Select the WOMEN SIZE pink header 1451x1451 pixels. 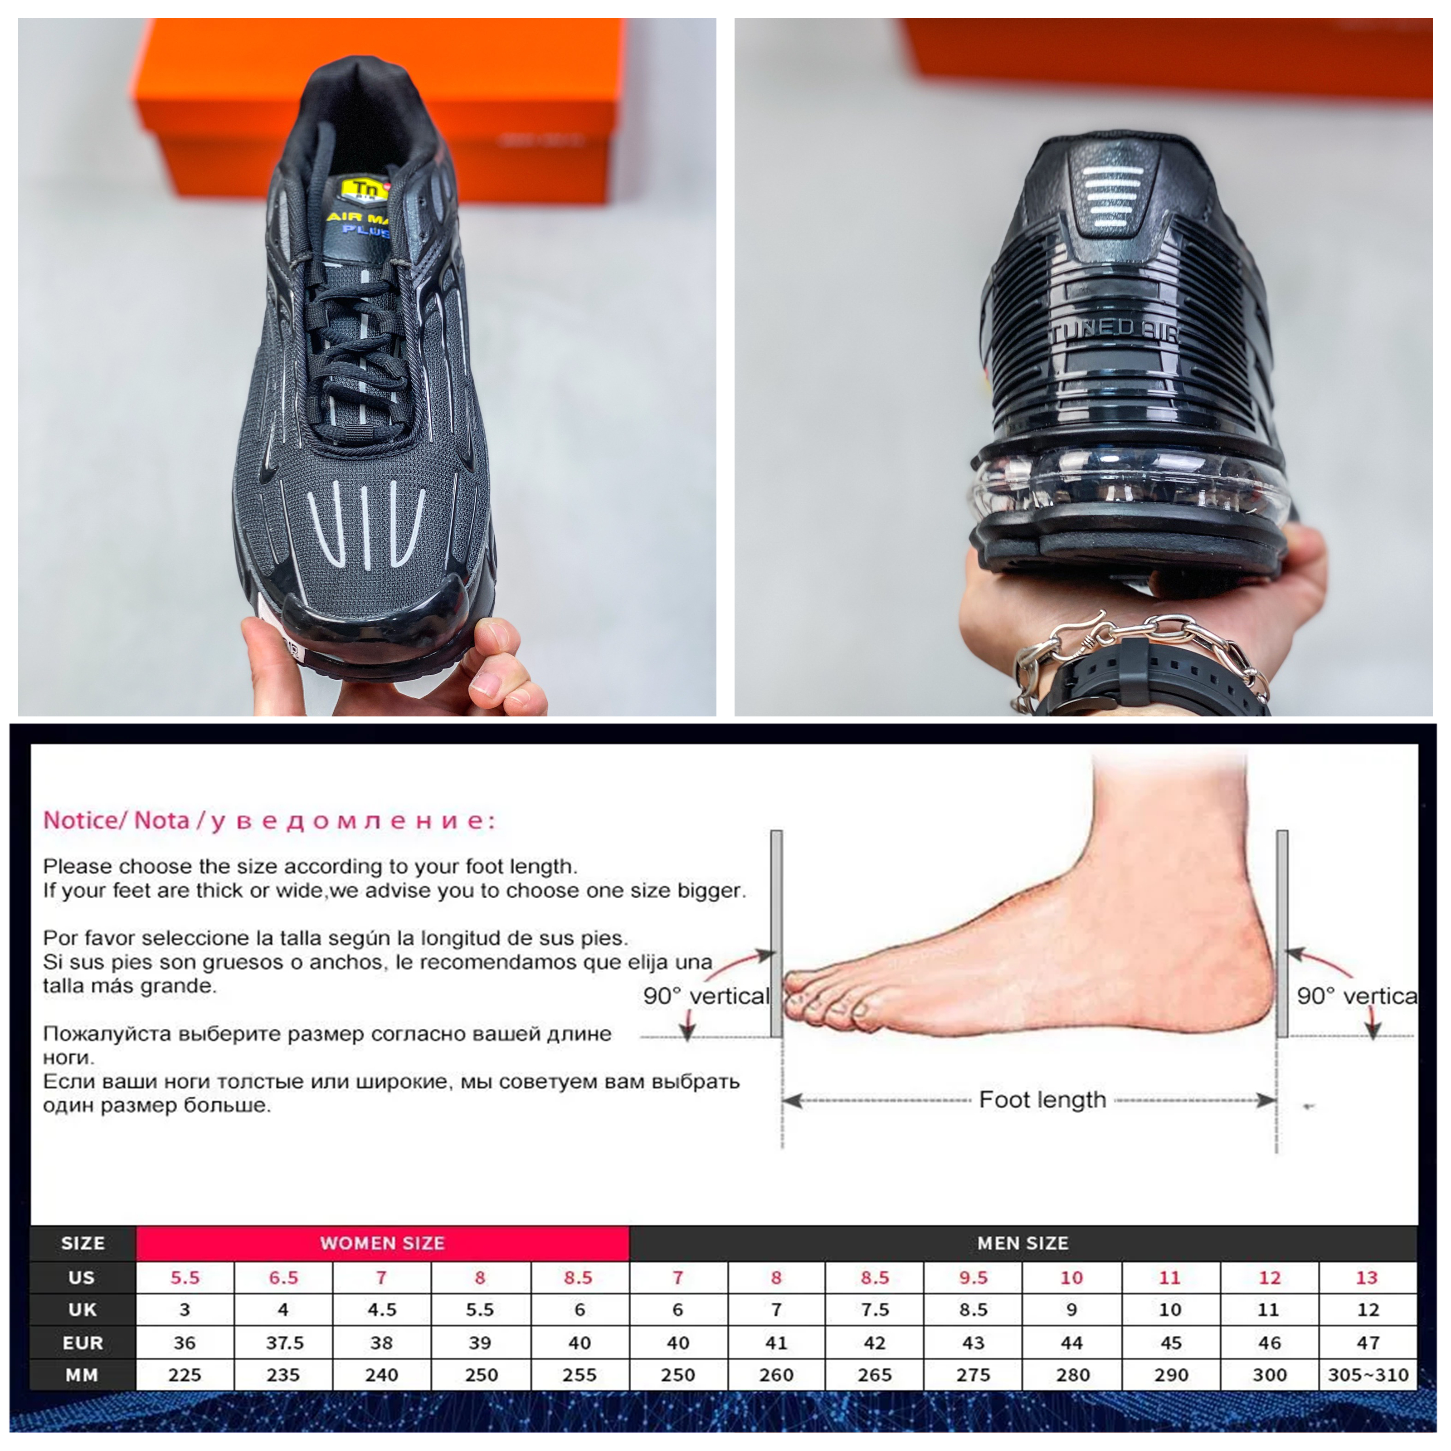(382, 1243)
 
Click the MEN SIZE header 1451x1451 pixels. (1023, 1243)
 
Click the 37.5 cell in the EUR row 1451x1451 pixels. (283, 1342)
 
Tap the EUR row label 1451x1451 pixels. (83, 1342)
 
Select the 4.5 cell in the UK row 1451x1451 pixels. (381, 1310)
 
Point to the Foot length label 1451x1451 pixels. (1042, 1100)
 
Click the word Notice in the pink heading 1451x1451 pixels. (78, 820)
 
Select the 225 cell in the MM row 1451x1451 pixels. (185, 1375)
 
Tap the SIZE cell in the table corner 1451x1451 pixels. (83, 1243)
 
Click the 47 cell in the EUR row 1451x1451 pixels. (1368, 1342)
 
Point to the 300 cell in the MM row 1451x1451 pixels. (1269, 1375)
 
